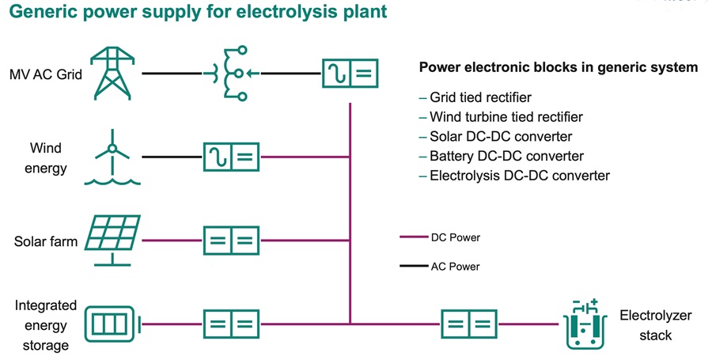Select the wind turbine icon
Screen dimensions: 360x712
[113, 159]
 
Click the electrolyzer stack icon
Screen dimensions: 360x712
[586, 324]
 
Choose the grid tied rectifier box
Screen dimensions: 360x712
[350, 74]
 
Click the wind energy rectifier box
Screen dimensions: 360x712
[231, 157]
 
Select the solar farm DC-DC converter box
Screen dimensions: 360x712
[231, 240]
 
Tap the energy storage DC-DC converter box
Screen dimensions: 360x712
[231, 324]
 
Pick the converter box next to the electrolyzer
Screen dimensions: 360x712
[468, 324]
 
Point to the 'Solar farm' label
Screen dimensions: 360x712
[46, 241]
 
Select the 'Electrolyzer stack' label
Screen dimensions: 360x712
[655, 325]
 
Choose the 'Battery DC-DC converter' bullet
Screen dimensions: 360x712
[506, 156]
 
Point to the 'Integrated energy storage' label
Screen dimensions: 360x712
[46, 325]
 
